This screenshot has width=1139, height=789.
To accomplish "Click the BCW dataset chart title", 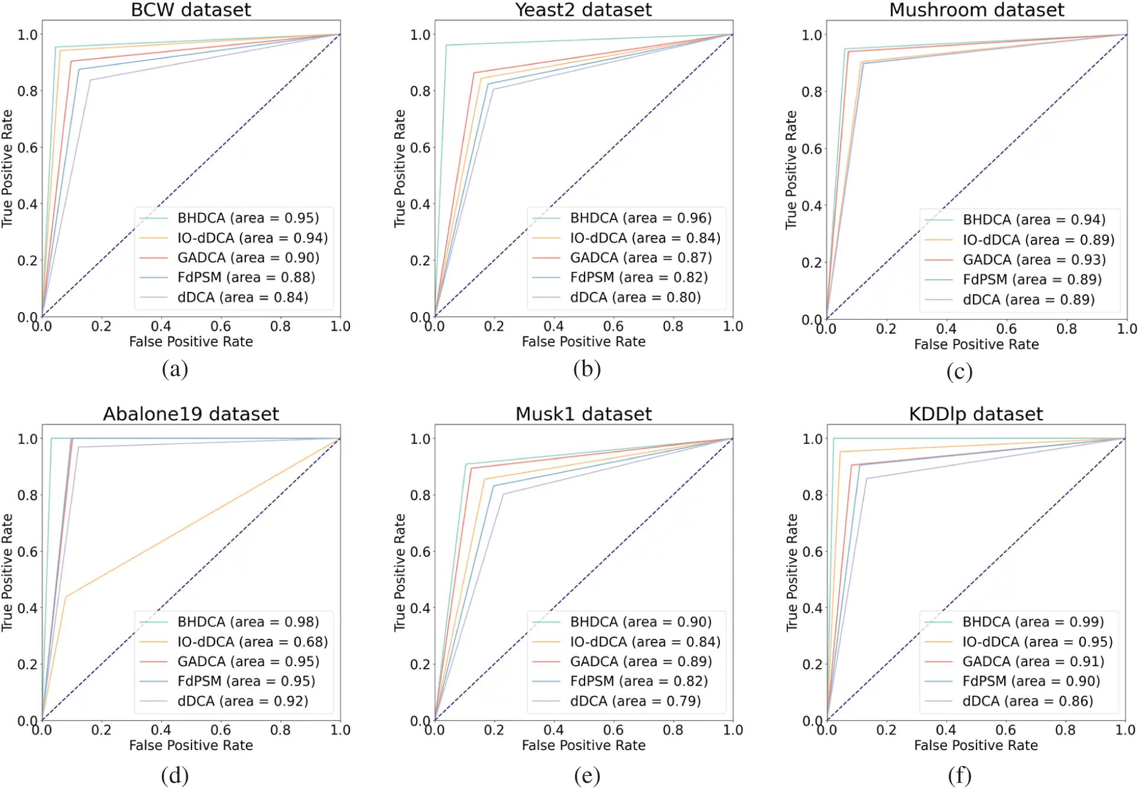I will pyautogui.click(x=190, y=10).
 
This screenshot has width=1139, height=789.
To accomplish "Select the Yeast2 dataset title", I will pyautogui.click(x=583, y=10).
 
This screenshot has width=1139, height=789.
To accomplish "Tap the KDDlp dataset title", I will pyautogui.click(x=975, y=414).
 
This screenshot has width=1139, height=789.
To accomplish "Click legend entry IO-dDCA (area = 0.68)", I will pyautogui.click(x=252, y=642).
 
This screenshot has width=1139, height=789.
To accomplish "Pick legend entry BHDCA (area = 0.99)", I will pyautogui.click(x=1033, y=622).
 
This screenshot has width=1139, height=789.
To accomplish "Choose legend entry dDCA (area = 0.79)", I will pyautogui.click(x=635, y=702).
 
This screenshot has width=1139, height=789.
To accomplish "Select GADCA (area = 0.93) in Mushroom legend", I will pyautogui.click(x=1034, y=260).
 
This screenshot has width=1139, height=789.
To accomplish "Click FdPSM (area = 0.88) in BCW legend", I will pyautogui.click(x=246, y=278).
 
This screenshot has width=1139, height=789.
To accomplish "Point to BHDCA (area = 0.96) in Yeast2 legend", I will pyautogui.click(x=640, y=218).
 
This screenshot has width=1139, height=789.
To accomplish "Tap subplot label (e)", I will pyautogui.click(x=586, y=775).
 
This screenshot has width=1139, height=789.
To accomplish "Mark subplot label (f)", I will pyautogui.click(x=959, y=775).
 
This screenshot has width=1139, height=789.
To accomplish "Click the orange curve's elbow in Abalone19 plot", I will pyautogui.click(x=66, y=597).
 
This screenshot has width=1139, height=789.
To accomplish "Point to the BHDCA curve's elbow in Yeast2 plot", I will pyautogui.click(x=446, y=46).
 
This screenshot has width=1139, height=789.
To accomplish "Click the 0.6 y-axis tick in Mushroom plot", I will pyautogui.click(x=812, y=149).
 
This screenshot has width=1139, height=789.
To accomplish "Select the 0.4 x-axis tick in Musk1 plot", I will pyautogui.click(x=553, y=730).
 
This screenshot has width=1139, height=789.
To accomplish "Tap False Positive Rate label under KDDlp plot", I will pyautogui.click(x=975, y=746).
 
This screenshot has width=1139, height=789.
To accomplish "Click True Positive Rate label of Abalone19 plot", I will pyautogui.click(x=7, y=572).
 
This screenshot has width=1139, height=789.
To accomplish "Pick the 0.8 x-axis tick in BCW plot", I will pyautogui.click(x=280, y=327).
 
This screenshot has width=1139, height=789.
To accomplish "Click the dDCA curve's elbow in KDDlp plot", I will pyautogui.click(x=867, y=479).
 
